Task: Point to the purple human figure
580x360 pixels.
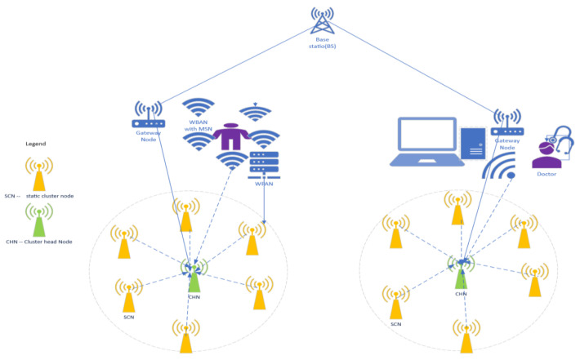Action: point(232,129)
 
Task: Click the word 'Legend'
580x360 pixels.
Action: point(35,144)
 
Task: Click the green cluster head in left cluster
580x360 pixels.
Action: point(194,274)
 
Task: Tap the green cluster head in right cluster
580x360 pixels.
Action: point(462,271)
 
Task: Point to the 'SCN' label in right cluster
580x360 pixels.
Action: point(396,324)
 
